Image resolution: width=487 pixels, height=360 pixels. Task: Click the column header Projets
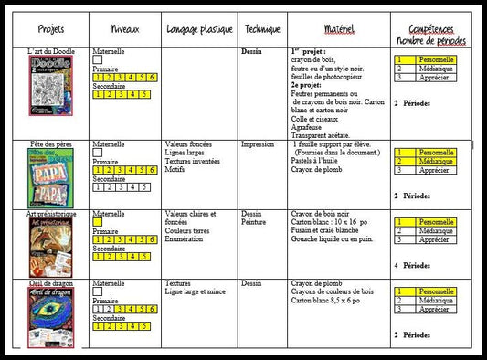pos(51,29)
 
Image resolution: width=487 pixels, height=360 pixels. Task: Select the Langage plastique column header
pos(199,29)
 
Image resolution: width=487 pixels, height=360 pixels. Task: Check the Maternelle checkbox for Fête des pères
pos(98,154)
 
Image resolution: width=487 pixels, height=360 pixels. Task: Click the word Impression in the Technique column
pos(257,144)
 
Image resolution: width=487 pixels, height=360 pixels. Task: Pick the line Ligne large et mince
pos(196,291)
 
